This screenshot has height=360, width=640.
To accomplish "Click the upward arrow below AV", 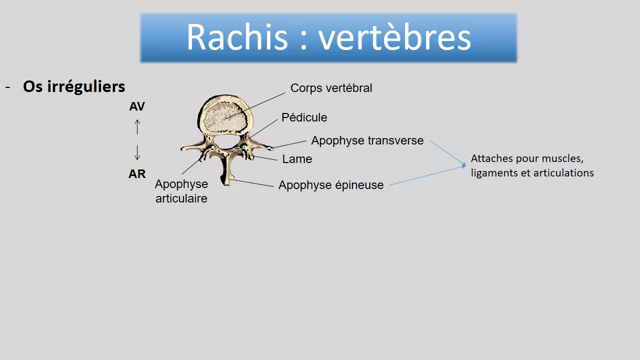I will [137, 127].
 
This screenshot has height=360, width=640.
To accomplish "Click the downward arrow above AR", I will [137, 152].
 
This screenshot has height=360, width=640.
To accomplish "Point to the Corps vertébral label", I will [331, 88].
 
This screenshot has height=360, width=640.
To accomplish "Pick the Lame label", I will [297, 158].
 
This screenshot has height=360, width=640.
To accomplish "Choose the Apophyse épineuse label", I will [330, 184].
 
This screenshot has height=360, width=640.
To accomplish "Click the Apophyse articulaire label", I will [181, 191].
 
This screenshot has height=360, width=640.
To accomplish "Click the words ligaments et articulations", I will [531, 173].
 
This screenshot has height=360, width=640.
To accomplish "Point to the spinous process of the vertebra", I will [229, 177].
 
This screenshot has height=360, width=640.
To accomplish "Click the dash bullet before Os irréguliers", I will [8, 88].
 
